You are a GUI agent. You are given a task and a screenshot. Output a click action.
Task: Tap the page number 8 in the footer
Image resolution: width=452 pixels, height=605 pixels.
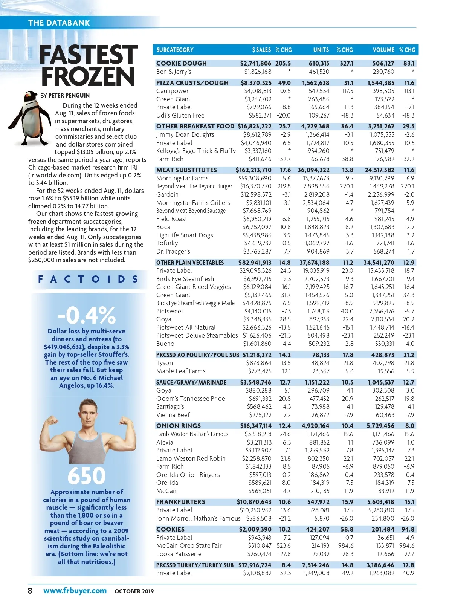point(30,590)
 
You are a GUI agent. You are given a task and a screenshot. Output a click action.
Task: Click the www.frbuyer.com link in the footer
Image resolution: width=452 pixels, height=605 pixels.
point(75,590)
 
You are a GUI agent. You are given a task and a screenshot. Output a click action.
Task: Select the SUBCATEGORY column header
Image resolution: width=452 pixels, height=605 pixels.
point(175,50)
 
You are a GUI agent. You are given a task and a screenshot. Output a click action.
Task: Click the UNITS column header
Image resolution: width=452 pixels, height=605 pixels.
point(321,50)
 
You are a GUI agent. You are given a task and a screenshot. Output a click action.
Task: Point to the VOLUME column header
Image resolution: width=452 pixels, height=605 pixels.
point(383,50)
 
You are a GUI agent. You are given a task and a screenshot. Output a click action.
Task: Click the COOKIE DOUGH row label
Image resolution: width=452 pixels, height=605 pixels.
point(181,63)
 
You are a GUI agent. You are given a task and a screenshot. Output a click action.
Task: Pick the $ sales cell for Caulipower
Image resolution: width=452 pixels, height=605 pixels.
point(258,91)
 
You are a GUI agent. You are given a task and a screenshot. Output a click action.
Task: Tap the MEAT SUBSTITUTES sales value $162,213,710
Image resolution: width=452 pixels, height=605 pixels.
point(253,170)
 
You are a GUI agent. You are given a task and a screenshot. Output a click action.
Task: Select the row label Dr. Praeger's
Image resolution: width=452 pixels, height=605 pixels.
point(173,251)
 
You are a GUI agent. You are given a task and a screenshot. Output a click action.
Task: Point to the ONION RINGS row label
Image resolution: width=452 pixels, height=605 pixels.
point(178,426)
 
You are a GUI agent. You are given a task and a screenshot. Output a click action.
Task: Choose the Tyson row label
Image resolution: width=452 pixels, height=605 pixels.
point(164,363)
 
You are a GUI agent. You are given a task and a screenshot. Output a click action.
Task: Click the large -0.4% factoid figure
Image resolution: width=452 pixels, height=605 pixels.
point(87,315)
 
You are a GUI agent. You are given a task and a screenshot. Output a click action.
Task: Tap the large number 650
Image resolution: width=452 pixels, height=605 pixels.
point(87,475)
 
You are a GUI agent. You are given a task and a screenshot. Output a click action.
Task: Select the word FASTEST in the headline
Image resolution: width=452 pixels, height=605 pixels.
point(89,55)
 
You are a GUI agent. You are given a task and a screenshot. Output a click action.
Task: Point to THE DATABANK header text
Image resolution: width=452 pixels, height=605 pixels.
point(59,23)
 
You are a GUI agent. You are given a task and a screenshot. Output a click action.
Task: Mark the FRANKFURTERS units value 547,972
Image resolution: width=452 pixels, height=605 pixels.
point(318,502)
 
